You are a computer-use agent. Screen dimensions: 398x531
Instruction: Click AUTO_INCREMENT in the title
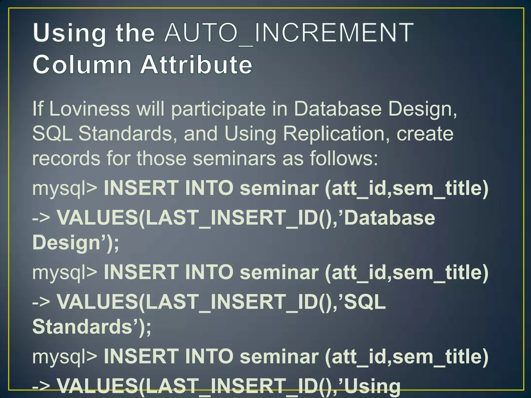[x=289, y=33]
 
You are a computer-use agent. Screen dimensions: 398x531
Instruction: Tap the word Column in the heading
[x=82, y=65]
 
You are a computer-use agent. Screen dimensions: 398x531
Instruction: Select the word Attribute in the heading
[x=196, y=65]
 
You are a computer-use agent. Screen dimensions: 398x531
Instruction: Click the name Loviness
[x=89, y=109]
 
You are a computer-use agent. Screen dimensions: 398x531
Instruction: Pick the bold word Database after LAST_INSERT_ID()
[x=389, y=218]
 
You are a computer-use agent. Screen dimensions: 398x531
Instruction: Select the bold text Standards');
[x=92, y=327]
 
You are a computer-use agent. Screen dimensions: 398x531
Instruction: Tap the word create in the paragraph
[x=425, y=134]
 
